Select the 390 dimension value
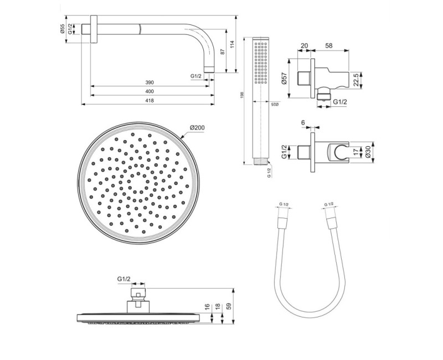click(x=149, y=83)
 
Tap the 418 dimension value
click(x=149, y=100)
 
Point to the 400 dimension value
click(x=149, y=91)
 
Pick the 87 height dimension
click(x=222, y=51)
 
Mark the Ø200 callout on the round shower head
click(x=197, y=128)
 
